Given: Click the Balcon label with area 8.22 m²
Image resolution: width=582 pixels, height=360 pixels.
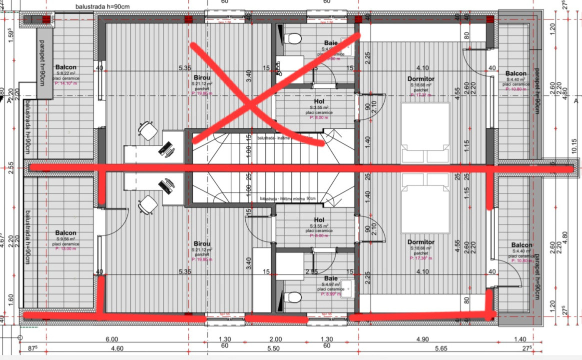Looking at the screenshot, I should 66,67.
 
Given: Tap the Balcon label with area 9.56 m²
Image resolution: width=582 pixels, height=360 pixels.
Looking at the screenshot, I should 66,233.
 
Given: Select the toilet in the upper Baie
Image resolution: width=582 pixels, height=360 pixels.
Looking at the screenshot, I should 293,38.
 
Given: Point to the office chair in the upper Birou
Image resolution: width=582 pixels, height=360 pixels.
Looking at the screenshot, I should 147,131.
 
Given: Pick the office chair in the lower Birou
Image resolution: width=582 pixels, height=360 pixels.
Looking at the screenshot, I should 147,204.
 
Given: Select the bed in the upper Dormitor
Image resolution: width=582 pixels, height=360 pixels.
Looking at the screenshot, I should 425,133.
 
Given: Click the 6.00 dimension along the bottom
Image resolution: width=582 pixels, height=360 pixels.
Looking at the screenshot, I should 112,339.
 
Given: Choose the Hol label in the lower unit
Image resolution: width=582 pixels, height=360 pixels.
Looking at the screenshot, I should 319,220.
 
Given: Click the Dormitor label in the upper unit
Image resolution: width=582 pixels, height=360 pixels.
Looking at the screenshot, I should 421,78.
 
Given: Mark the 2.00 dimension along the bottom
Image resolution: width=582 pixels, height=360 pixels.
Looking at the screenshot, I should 276,339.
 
